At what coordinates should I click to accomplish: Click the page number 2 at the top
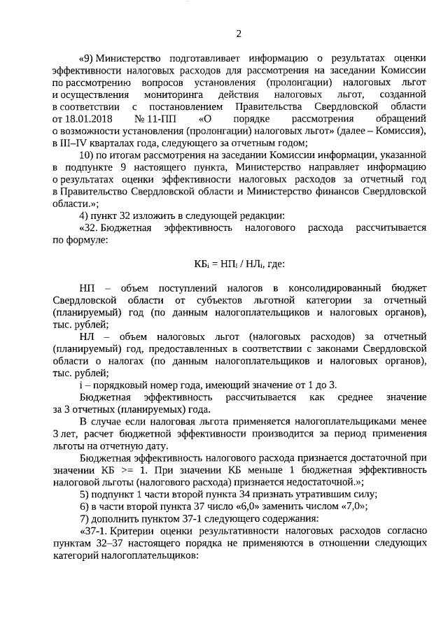click(239, 34)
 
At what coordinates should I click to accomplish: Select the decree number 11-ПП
click(159, 119)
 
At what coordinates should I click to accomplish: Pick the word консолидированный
click(339, 289)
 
